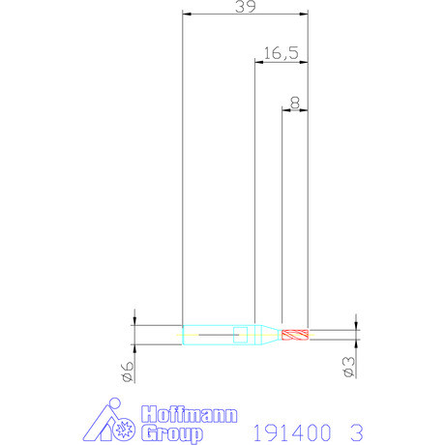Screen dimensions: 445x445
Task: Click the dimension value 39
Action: pos(245,7)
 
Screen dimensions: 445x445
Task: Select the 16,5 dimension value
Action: pos(279,53)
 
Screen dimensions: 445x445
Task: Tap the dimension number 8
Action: pos(295,101)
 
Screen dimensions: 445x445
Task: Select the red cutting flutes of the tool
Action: pos(294,336)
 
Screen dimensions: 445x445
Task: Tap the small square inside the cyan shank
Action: pos(241,336)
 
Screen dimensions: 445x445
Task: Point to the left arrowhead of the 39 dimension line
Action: pos(186,15)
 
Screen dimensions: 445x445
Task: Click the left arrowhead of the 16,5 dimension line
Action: pos(257,62)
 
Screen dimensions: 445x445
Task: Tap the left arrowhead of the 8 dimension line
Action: pos(284,109)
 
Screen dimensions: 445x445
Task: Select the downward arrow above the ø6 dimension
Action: pos(134,320)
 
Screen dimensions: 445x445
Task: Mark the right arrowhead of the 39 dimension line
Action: pos(304,15)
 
